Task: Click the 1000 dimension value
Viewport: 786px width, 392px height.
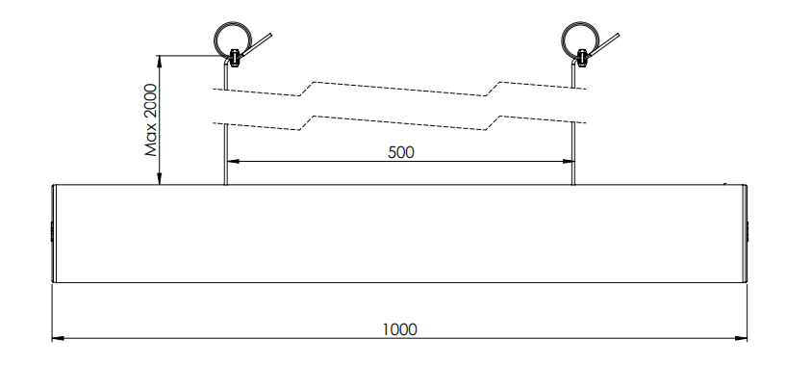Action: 399,329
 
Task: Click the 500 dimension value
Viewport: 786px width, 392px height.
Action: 401,152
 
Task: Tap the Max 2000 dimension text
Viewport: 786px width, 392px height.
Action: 151,120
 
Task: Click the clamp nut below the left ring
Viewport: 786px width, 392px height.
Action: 234,58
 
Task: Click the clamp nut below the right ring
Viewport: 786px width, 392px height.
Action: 582,58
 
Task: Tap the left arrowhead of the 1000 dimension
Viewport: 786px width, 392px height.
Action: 58,338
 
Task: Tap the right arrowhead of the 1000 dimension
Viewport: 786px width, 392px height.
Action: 742,338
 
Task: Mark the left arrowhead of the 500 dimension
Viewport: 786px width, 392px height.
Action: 233,161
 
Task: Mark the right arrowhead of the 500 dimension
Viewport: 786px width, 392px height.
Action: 569,161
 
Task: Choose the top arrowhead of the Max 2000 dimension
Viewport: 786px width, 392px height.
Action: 160,62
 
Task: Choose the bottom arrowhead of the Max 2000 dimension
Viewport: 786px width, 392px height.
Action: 160,179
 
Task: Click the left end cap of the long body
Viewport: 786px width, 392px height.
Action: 54,233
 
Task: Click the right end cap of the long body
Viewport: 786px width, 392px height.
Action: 745,233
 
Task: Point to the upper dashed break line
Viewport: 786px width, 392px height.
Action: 399,89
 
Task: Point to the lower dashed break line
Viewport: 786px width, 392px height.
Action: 399,122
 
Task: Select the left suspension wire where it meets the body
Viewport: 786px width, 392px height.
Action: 225,183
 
